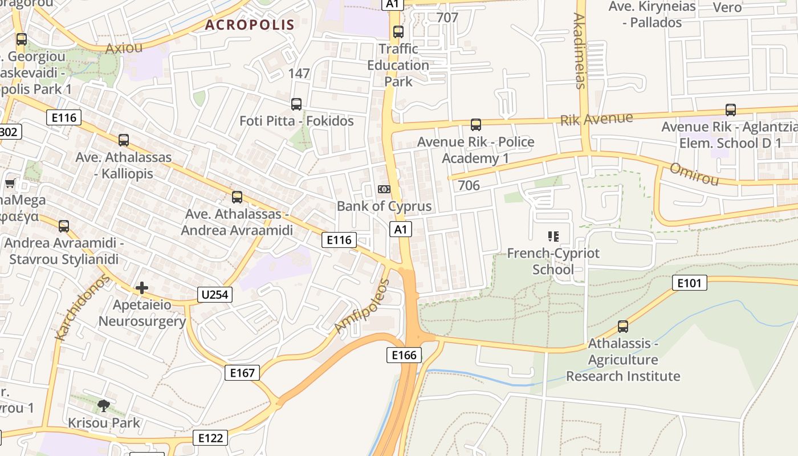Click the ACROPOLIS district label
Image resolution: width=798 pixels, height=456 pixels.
click(x=250, y=25)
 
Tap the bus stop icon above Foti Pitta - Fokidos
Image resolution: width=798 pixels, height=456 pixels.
click(x=296, y=104)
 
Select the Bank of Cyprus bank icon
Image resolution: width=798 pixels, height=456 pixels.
click(x=384, y=189)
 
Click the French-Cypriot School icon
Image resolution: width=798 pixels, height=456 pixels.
click(x=553, y=236)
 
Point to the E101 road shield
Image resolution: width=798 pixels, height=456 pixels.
click(x=689, y=283)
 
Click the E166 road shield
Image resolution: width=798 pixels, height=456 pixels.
click(x=405, y=355)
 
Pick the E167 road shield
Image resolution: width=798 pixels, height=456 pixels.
click(x=242, y=373)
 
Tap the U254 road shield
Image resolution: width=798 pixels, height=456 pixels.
click(x=215, y=295)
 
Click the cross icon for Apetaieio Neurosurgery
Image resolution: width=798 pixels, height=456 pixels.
click(x=142, y=288)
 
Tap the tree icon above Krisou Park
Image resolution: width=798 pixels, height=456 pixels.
click(x=104, y=406)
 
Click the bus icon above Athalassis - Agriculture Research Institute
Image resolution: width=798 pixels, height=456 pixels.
click(x=623, y=327)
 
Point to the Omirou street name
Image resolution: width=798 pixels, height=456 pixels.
click(x=694, y=174)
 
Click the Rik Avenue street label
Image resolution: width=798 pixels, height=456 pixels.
click(x=596, y=119)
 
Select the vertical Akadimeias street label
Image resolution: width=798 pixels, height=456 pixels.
click(x=579, y=51)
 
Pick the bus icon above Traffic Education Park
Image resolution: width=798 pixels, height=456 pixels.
click(x=398, y=32)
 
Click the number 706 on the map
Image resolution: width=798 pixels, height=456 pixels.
click(x=469, y=185)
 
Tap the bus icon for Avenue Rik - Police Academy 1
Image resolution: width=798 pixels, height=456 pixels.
click(x=475, y=125)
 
